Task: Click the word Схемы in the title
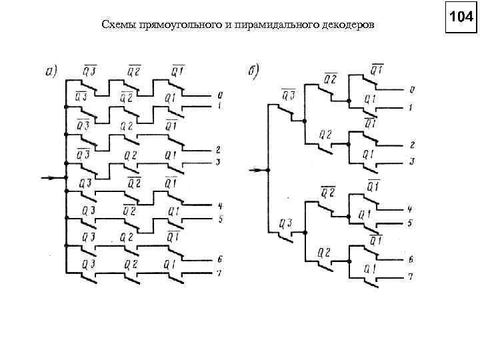pyautogui.click(x=117, y=25)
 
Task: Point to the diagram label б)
pyautogui.click(x=254, y=70)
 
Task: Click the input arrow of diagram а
pyautogui.click(x=51, y=178)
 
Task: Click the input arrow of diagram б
pyautogui.click(x=256, y=170)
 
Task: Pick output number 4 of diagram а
pyautogui.click(x=219, y=205)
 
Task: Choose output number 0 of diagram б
pyautogui.click(x=412, y=89)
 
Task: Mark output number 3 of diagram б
pyautogui.click(x=412, y=161)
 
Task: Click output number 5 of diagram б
pyautogui.click(x=411, y=222)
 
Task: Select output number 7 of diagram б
pyautogui.click(x=411, y=276)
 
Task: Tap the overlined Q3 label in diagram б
pyautogui.click(x=288, y=93)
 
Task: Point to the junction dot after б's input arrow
pyautogui.click(x=267, y=170)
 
